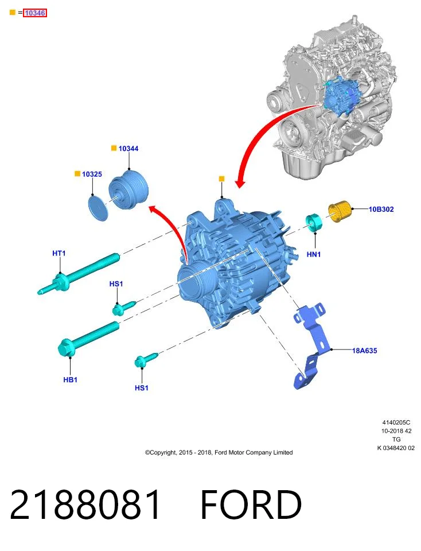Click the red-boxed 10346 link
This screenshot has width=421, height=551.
click(35, 13)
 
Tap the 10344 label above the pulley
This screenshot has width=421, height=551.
click(128, 149)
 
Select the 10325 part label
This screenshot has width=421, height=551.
click(92, 174)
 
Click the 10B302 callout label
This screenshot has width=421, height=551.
click(381, 209)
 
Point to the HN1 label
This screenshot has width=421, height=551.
click(314, 254)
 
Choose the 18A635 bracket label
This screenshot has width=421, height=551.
click(364, 351)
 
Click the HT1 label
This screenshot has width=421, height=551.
click(59, 253)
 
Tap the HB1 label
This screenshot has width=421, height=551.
click(70, 380)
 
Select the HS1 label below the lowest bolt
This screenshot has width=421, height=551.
click(142, 388)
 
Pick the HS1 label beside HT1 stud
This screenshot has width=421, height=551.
click(116, 284)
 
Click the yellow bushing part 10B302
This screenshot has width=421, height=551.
click(340, 211)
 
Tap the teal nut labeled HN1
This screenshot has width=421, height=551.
click(314, 223)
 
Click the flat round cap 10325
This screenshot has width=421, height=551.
click(98, 209)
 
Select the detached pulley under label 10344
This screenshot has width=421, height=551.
click(128, 190)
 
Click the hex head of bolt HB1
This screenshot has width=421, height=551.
click(66, 348)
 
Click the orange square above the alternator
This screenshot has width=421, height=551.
click(221, 179)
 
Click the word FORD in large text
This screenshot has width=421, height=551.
click(251, 505)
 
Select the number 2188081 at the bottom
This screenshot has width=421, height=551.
click(85, 505)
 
